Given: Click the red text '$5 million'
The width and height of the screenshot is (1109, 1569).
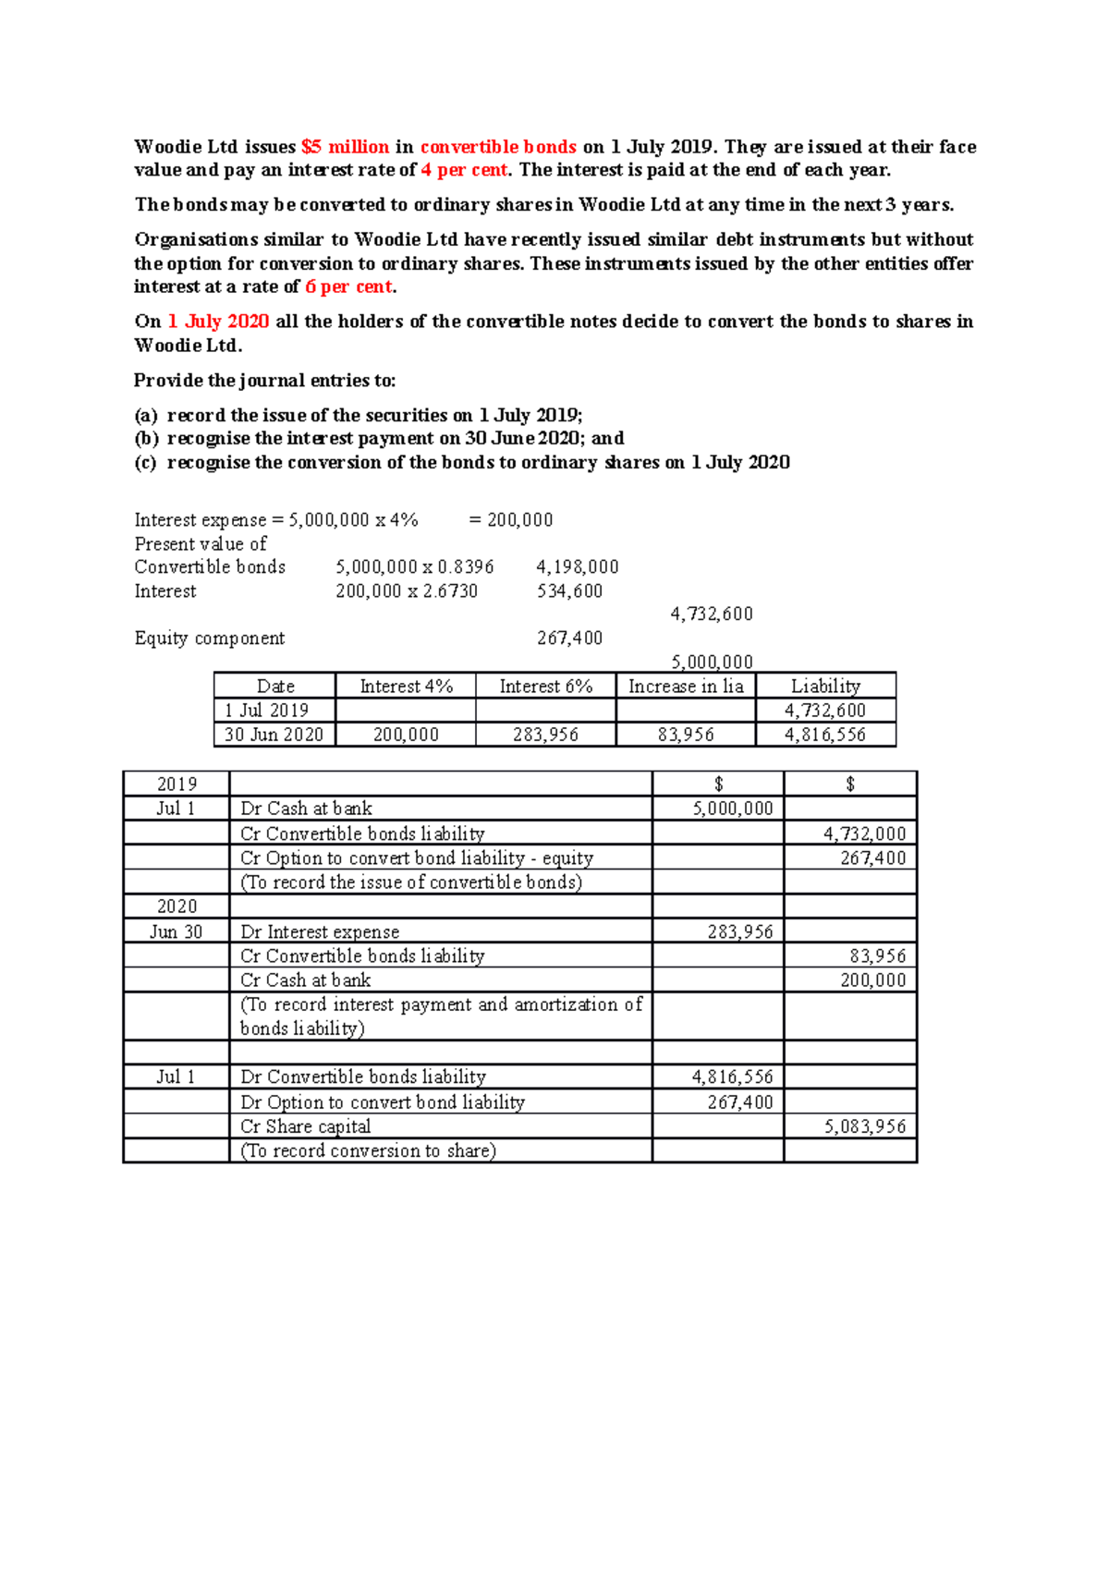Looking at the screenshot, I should click(x=345, y=147).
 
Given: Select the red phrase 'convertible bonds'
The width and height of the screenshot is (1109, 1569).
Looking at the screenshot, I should click(x=498, y=147).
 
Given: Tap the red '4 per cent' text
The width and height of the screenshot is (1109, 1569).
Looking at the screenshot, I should click(x=464, y=170).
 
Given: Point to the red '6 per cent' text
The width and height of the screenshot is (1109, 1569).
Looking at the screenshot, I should click(x=349, y=286).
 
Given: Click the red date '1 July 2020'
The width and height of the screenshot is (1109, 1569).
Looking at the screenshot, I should click(x=218, y=322).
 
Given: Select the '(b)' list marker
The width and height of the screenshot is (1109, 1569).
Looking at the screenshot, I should click(x=146, y=439).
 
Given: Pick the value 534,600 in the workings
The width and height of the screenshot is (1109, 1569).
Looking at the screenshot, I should click(x=569, y=590).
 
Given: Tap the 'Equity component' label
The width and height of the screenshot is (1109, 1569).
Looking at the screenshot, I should click(x=210, y=638).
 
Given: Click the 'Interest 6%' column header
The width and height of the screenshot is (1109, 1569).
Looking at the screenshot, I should click(x=545, y=686).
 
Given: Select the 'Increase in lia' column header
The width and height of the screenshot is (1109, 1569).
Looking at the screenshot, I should click(x=686, y=686).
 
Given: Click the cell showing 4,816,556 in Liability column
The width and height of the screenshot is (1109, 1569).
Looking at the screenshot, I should click(x=824, y=735).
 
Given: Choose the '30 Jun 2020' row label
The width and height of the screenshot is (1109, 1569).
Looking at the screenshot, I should click(x=274, y=735).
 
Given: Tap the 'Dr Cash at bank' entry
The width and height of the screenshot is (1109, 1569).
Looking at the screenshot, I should click(x=306, y=809).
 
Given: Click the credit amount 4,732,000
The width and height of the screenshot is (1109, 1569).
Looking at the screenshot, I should click(x=864, y=833).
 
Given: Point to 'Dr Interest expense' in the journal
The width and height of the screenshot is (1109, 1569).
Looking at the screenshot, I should click(x=320, y=931).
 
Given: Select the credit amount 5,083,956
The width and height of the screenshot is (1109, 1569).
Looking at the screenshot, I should click(x=864, y=1126).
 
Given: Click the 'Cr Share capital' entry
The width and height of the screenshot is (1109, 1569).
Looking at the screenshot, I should click(x=305, y=1126).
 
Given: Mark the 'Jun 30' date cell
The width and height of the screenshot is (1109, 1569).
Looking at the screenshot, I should click(x=176, y=931).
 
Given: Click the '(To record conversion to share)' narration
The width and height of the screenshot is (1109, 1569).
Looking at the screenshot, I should click(x=368, y=1150).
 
